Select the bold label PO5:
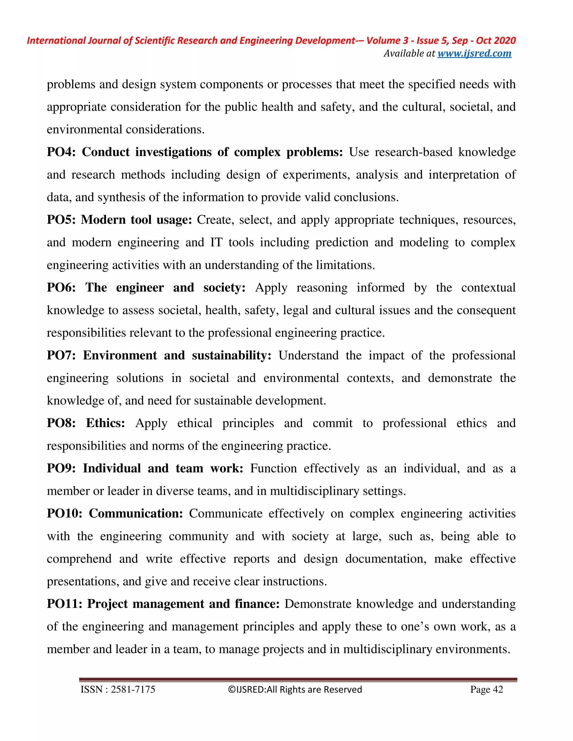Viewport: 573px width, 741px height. (x=61, y=220)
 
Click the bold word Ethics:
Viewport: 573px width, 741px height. (x=105, y=423)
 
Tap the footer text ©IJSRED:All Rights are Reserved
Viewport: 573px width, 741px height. (x=295, y=690)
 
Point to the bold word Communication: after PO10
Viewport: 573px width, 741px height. (x=136, y=513)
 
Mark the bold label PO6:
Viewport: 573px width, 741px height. (x=61, y=287)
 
